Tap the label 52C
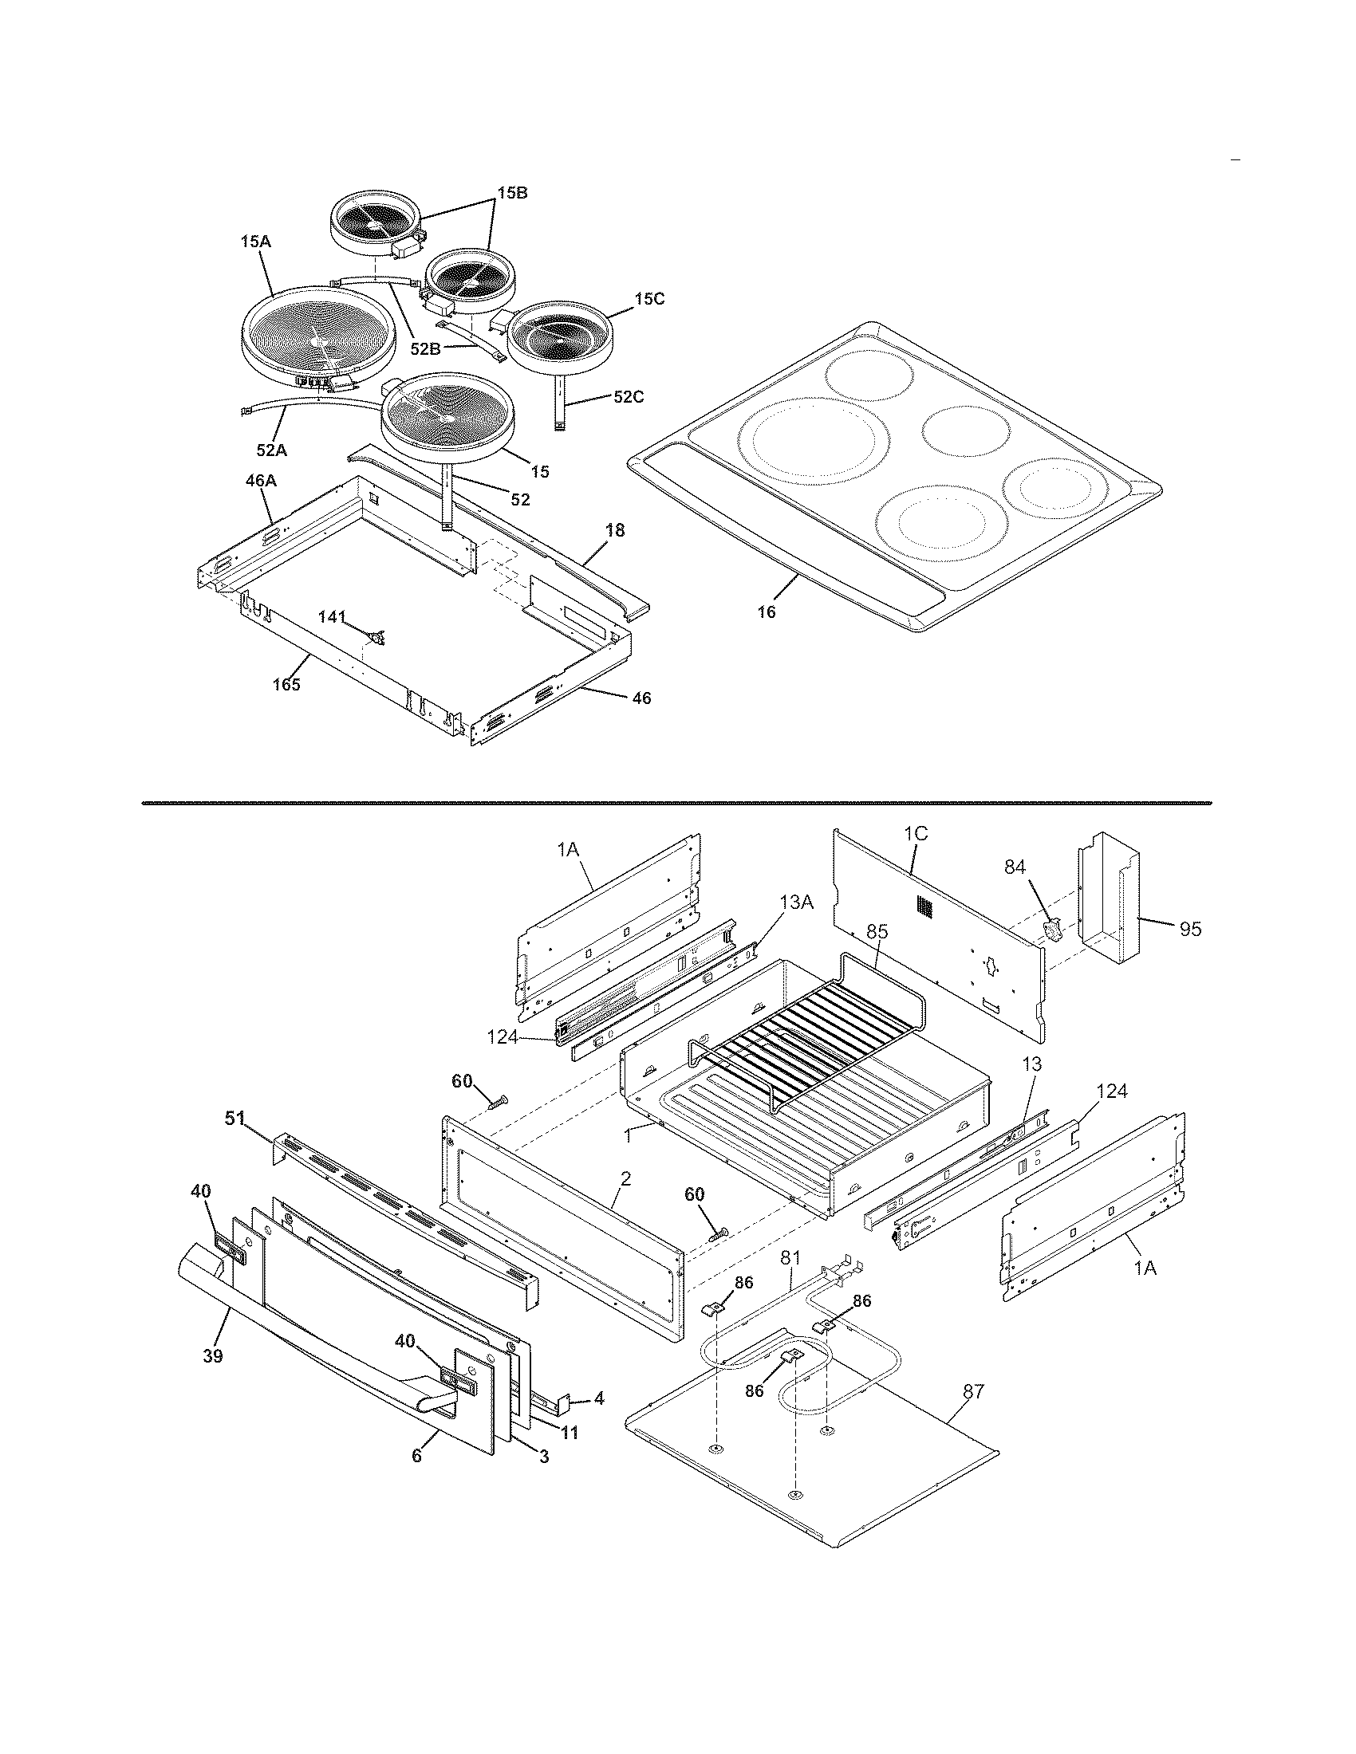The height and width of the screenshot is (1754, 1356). (629, 397)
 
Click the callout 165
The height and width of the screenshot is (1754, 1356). (286, 684)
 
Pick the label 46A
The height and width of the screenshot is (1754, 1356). (260, 480)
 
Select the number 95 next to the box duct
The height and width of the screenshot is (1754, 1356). (1191, 928)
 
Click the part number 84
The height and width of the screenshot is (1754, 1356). (1015, 867)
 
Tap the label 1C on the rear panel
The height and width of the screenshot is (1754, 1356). (916, 834)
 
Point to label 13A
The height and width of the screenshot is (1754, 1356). (797, 903)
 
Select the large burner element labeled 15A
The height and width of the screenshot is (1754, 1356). (319, 336)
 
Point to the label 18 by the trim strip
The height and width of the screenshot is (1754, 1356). (615, 530)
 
